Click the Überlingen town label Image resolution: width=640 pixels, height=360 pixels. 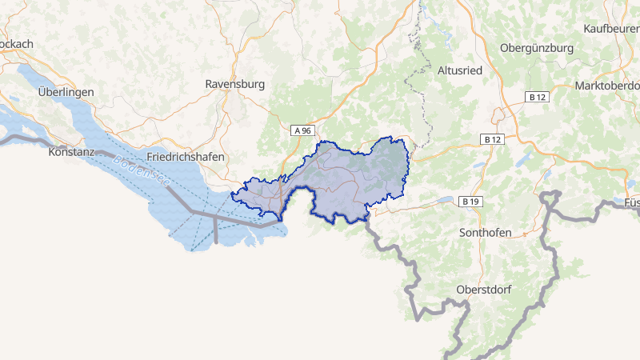coord(66,92)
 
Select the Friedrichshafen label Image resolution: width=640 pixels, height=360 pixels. coord(186,158)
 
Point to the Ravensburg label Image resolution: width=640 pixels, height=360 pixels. coord(234,83)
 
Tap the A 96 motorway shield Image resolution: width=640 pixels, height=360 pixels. coord(301,130)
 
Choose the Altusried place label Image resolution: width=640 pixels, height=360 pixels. coord(460,70)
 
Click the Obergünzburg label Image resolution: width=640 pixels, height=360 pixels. coord(536,48)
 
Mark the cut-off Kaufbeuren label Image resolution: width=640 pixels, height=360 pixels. coord(612,29)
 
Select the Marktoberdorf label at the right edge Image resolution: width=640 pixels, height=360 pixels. coord(608,86)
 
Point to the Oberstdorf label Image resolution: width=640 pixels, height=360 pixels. coord(483,289)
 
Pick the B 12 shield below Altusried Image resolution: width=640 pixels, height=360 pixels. coord(493,139)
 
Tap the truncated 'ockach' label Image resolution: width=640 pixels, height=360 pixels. coord(16,44)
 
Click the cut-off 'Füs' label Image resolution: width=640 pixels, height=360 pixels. coord(631,203)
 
